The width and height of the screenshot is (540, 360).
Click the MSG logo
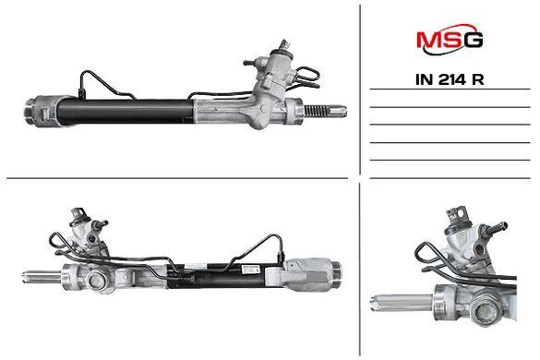(450, 40)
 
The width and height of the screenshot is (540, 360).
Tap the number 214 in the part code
(452, 80)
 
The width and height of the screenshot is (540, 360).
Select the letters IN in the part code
(424, 80)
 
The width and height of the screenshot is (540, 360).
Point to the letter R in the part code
(478, 80)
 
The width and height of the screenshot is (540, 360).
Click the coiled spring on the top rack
(314, 111)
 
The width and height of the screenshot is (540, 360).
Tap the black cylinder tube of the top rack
(125, 112)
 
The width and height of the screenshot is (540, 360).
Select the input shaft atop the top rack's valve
(285, 45)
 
